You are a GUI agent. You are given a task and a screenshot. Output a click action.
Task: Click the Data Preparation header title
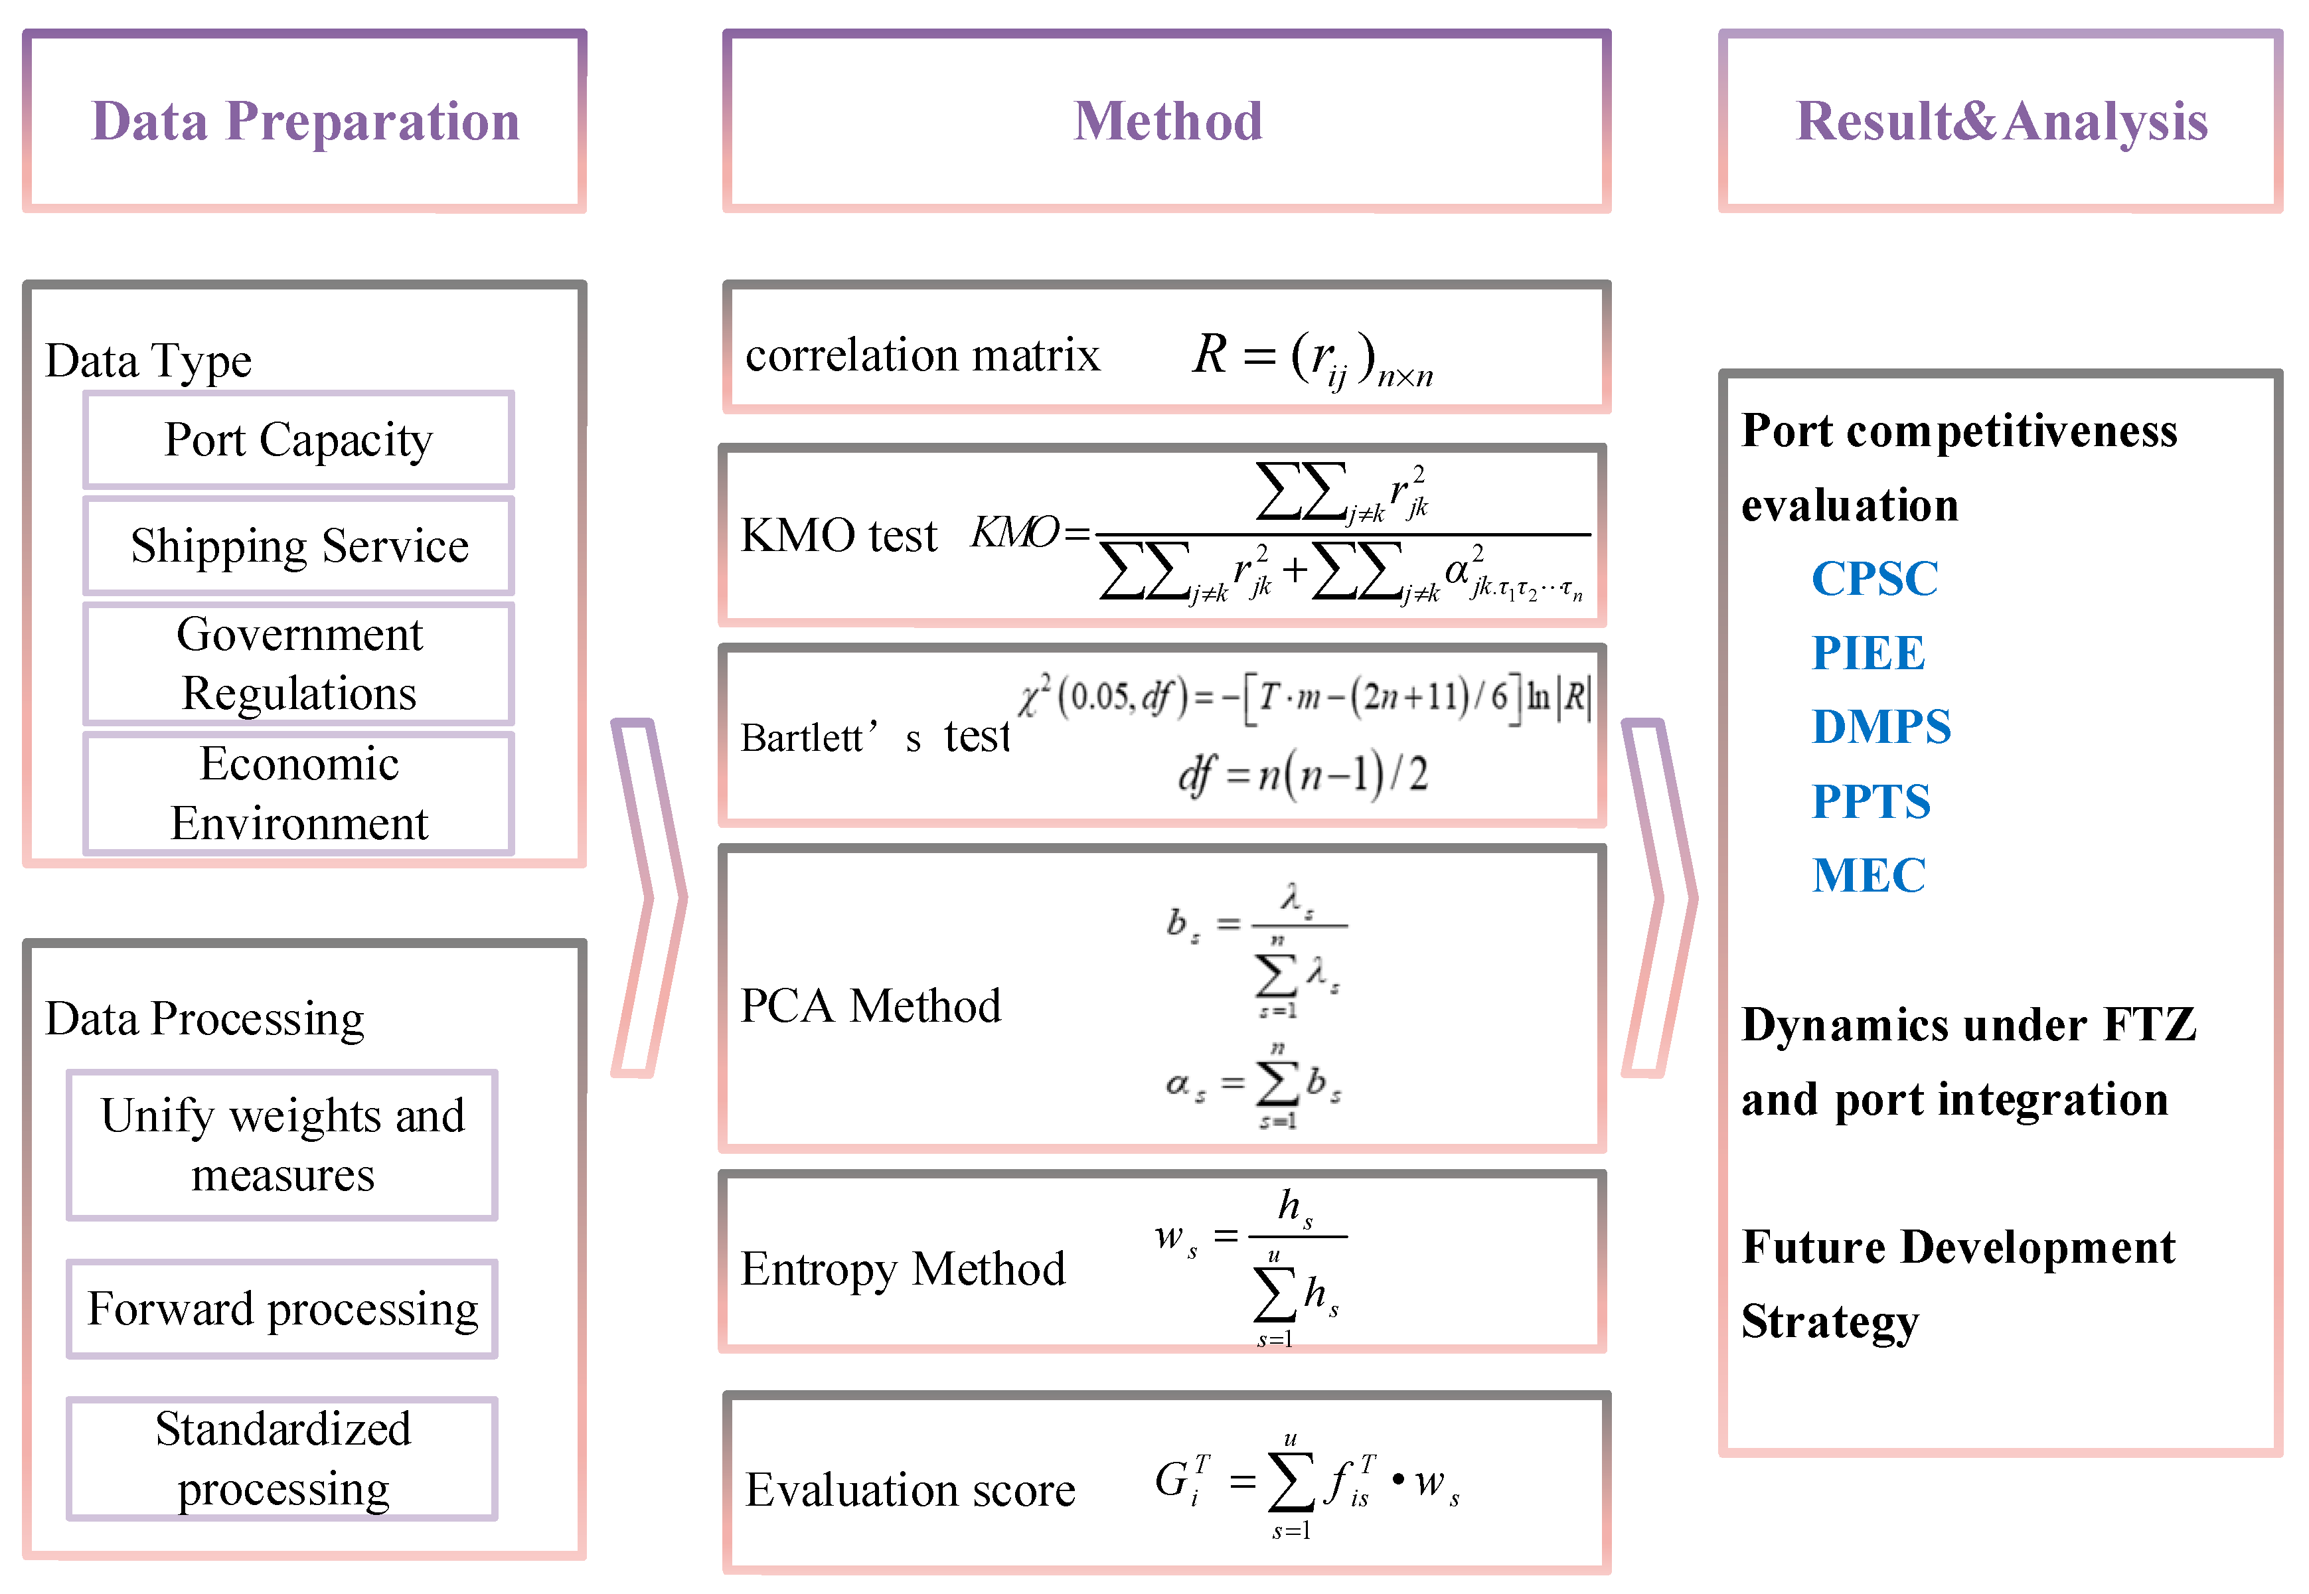tap(305, 122)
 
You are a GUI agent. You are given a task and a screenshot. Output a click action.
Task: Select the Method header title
tap(1168, 122)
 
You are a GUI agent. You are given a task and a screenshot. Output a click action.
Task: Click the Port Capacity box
tap(299, 439)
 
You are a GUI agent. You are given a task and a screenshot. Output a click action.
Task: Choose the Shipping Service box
tap(299, 545)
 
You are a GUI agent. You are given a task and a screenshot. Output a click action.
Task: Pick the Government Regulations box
tap(299, 663)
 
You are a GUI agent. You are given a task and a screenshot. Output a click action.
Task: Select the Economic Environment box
tap(299, 793)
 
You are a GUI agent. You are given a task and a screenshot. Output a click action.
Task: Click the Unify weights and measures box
tap(283, 1145)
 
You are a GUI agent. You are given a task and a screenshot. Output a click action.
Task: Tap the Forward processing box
tap(283, 1309)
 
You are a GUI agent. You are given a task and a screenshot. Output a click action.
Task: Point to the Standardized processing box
tap(283, 1458)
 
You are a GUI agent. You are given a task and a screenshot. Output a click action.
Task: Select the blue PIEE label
tap(1868, 653)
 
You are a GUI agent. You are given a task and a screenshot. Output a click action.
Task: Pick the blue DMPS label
tap(1881, 726)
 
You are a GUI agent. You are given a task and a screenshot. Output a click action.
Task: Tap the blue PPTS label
tap(1871, 801)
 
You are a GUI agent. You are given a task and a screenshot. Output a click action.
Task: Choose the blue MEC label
tap(1868, 876)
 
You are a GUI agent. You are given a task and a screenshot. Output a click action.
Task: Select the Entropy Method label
tap(902, 1269)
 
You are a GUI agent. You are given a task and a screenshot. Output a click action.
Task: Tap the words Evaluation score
tap(910, 1489)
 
